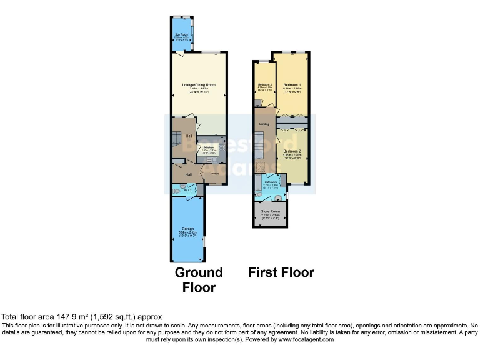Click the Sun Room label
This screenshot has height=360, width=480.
182,36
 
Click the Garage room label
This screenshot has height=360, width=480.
188,229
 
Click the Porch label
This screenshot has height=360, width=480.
214,174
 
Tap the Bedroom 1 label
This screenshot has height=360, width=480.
292,84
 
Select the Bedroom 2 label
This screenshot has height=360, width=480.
292,151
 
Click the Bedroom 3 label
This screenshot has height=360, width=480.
265,84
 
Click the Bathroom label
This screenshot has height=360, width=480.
270,183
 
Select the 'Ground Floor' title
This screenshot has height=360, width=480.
199,279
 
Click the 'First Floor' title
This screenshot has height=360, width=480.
281,272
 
